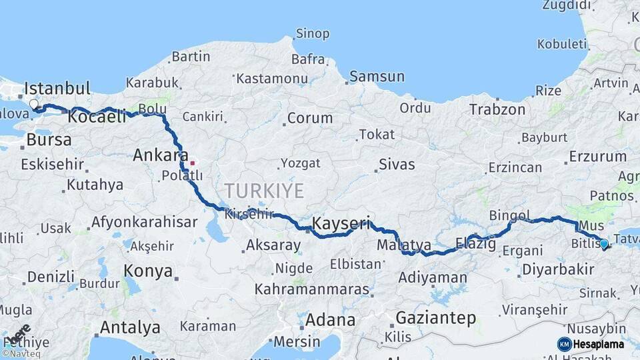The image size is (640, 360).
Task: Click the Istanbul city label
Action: coord(57,89)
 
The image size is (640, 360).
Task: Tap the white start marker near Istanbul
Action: coord(34,105)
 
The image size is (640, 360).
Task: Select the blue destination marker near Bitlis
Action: coord(604,244)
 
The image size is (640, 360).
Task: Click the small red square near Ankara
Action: coord(193,163)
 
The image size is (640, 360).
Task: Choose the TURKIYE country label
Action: coord(264,191)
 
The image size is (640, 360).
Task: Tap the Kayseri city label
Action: coord(341,223)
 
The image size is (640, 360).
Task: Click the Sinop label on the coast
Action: coord(312,34)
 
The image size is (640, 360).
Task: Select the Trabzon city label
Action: coord(497,109)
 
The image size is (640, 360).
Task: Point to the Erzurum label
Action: coord(597,157)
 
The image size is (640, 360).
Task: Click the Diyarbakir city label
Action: coord(557,269)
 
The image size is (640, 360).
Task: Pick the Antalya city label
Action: coord(130,327)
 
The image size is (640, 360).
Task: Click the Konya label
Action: coord(149,271)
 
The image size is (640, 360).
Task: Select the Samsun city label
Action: coord(377,76)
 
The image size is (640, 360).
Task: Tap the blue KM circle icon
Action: coord(564,344)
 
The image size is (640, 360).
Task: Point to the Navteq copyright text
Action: coord(21,354)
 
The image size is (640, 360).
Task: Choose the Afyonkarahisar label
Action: coord(144,222)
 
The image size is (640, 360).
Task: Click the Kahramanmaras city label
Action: coord(311,289)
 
